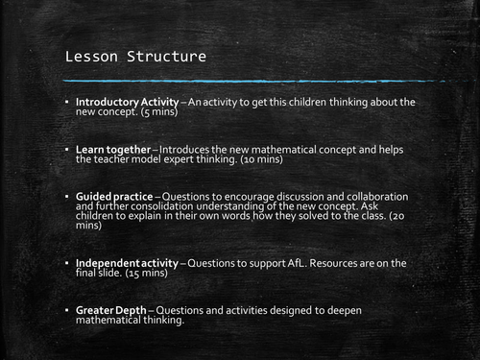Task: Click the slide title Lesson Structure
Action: click(x=135, y=57)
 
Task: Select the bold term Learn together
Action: click(x=111, y=150)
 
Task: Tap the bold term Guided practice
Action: click(x=113, y=195)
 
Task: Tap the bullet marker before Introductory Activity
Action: click(x=67, y=102)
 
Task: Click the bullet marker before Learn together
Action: click(x=67, y=150)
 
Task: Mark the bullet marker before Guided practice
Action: click(x=67, y=195)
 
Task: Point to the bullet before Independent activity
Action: click(x=67, y=263)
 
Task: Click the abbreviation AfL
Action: click(x=296, y=263)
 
